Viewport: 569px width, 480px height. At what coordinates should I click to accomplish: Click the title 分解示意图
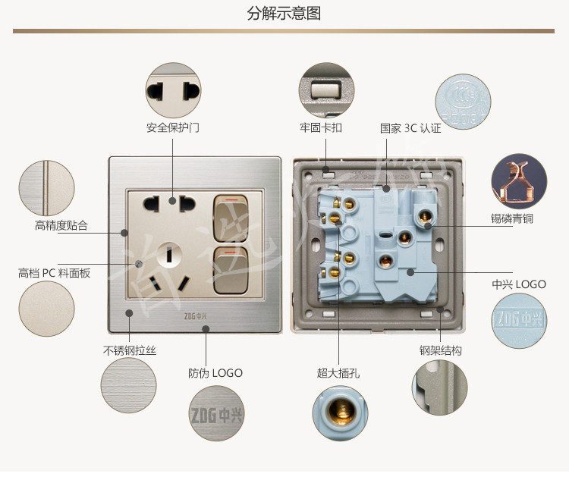pos(284,13)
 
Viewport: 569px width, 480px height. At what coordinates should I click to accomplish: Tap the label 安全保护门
pos(173,127)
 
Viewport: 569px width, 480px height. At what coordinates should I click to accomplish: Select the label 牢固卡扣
pos(320,127)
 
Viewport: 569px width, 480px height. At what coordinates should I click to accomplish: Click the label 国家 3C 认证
pos(410,127)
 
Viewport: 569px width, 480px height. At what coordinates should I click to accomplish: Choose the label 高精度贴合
pos(61,225)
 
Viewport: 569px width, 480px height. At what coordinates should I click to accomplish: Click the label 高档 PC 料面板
pos(55,272)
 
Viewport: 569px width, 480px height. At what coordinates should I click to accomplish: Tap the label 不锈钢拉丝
pos(130,350)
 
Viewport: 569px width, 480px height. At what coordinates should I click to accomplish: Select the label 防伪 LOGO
pos(215,373)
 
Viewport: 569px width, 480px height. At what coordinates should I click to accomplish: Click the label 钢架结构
pos(441,350)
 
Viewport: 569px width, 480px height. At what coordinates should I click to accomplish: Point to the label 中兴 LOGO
pos(519,284)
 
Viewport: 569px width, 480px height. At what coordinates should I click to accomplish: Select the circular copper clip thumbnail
pos(519,181)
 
